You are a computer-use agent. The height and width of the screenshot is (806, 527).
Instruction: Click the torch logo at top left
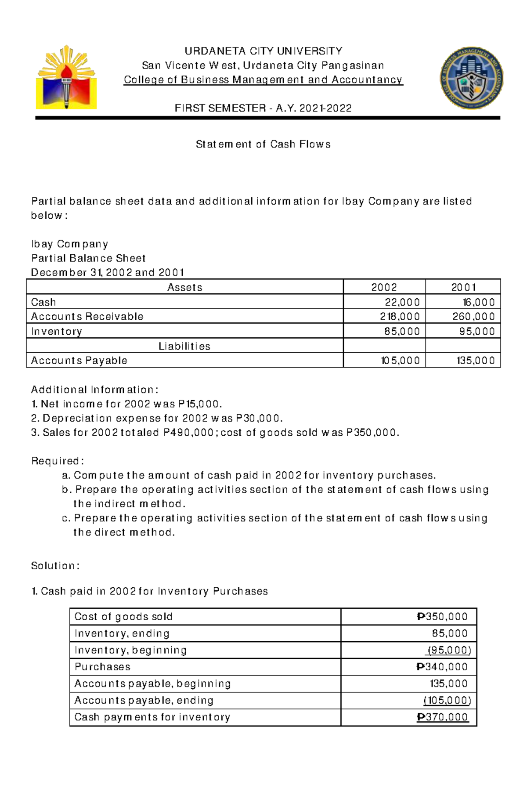point(66,77)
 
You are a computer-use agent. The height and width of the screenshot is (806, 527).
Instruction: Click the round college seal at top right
point(472,78)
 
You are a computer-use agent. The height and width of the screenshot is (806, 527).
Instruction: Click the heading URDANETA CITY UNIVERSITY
point(263,51)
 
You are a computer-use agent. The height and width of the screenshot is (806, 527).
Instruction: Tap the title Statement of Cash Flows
point(263,144)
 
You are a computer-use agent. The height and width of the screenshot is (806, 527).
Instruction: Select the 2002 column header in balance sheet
point(384,287)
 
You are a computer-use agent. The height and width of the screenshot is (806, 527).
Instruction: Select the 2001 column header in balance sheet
point(463,287)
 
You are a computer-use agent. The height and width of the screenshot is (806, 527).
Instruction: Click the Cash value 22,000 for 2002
point(402,302)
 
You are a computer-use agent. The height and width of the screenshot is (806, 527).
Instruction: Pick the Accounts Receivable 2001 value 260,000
point(473,317)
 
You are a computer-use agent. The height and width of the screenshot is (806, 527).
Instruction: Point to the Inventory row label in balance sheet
point(57,331)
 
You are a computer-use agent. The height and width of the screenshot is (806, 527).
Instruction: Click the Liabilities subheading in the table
point(184,346)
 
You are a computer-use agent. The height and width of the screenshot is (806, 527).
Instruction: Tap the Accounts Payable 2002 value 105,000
point(400,361)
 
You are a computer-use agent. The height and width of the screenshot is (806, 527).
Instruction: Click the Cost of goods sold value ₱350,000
point(442,617)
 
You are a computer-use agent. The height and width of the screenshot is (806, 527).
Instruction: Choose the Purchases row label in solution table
point(102,667)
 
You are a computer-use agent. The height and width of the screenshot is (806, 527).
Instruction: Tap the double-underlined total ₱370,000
point(442,717)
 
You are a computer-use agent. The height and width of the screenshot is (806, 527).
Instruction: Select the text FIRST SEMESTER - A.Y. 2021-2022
point(263,108)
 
